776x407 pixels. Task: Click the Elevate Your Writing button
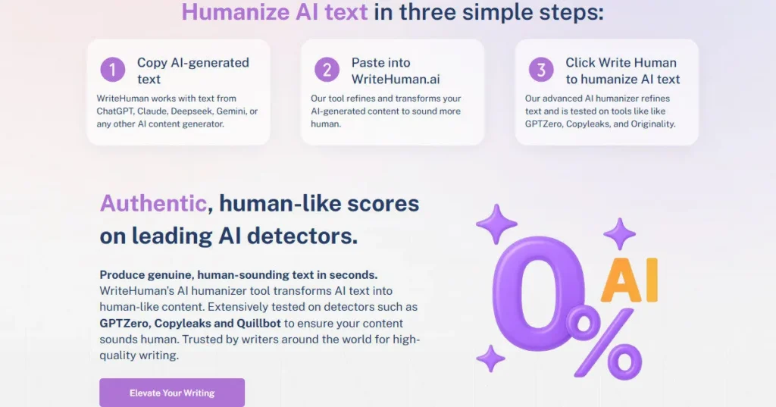pyautogui.click(x=172, y=393)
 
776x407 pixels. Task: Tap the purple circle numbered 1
pyautogui.click(x=112, y=70)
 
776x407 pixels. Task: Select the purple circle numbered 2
pyautogui.click(x=327, y=70)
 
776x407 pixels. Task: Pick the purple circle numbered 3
pyautogui.click(x=541, y=70)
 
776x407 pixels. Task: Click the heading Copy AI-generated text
pyautogui.click(x=192, y=70)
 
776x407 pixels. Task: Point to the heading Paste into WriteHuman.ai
pyautogui.click(x=395, y=70)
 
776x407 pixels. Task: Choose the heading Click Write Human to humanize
pyautogui.click(x=622, y=70)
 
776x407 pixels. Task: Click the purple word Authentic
pyautogui.click(x=153, y=203)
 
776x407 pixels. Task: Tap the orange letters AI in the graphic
pyautogui.click(x=630, y=281)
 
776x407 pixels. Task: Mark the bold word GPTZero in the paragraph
pyautogui.click(x=124, y=323)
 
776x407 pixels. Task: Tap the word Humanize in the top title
pyautogui.click(x=236, y=12)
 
